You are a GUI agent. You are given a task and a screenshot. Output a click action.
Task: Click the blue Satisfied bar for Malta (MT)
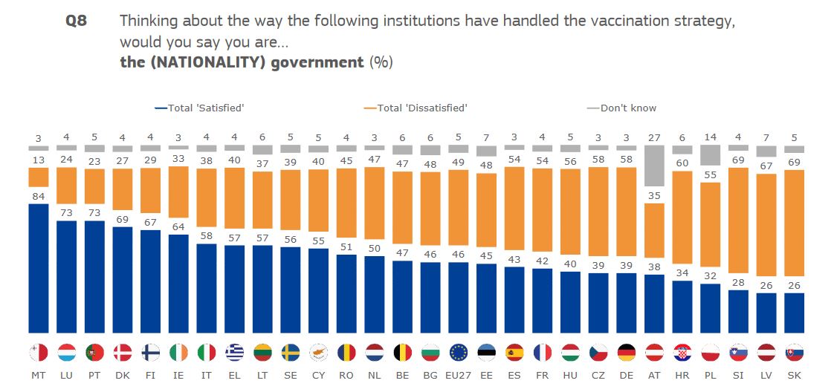(x=38, y=268)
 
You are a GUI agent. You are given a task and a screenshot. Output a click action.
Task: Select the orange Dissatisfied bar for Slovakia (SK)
(x=795, y=223)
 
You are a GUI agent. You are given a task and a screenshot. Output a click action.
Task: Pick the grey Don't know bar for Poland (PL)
(x=711, y=155)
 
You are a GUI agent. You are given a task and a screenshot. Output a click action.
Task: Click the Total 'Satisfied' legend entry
(x=200, y=108)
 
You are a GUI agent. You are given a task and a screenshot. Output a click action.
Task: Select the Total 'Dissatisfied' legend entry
(x=416, y=108)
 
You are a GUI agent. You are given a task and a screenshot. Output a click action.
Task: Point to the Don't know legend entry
(x=622, y=108)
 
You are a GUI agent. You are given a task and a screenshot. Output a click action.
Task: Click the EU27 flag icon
(x=458, y=352)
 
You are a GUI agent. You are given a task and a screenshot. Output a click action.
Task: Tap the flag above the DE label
(x=627, y=352)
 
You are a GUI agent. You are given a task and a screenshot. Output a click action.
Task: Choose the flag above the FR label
(x=543, y=352)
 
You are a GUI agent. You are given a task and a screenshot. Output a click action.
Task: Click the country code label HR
(x=682, y=376)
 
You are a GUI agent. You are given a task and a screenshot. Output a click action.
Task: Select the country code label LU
(x=67, y=376)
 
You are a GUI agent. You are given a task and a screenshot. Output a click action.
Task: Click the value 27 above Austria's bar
(x=654, y=137)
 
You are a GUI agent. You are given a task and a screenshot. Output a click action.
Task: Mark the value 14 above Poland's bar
(x=711, y=137)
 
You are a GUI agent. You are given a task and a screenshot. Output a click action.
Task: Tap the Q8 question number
(x=77, y=21)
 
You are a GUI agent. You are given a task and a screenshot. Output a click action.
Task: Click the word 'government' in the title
(x=317, y=62)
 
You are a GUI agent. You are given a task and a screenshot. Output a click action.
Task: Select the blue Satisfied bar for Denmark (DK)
(x=123, y=280)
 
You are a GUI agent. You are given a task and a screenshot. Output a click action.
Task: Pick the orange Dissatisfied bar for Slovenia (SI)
(x=739, y=220)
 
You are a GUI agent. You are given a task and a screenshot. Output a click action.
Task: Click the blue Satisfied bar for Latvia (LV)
(x=766, y=313)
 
